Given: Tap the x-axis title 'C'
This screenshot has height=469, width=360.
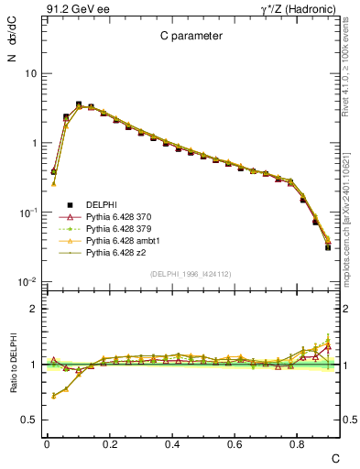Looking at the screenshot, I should pyautogui.click(x=335, y=457).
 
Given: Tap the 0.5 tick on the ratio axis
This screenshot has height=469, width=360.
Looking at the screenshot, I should pyautogui.click(x=32, y=420).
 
